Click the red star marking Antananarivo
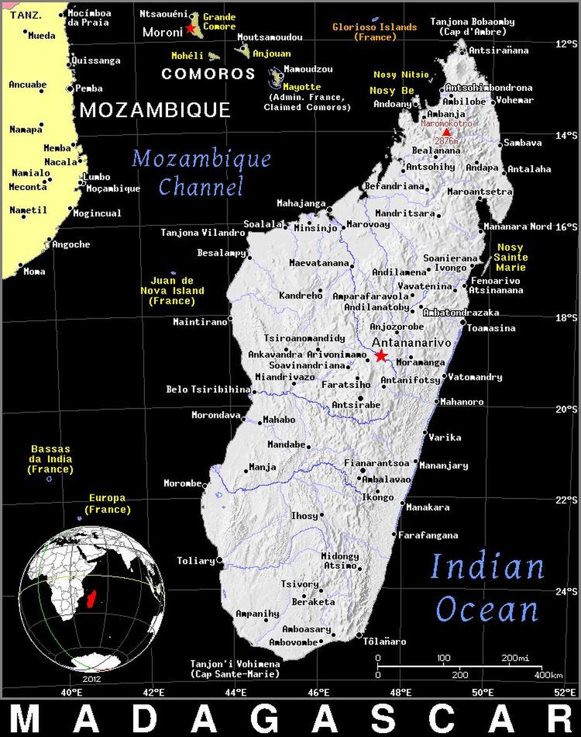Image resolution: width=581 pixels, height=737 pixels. tap(380, 355)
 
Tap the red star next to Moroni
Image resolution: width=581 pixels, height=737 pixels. tap(191, 28)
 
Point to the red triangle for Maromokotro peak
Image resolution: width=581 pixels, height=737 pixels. tap(446, 131)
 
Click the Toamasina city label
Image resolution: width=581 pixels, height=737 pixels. tap(491, 328)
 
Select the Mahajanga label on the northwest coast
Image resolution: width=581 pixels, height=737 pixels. tap(301, 203)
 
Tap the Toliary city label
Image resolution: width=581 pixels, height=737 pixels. tap(196, 561)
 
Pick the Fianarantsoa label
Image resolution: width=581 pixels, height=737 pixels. tap(377, 463)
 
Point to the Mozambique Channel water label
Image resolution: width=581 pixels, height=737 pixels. tap(201, 172)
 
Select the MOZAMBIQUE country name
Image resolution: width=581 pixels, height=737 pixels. tap(155, 111)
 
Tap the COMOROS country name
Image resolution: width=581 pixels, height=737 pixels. tap(208, 74)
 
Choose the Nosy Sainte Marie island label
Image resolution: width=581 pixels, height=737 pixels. tap(510, 257)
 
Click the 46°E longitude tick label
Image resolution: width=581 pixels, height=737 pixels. tap(319, 692)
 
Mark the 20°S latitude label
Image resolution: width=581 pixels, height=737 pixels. tap(567, 409)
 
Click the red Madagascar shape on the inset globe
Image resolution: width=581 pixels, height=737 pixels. tap(92, 601)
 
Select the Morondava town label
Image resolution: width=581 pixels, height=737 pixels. tap(216, 415)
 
